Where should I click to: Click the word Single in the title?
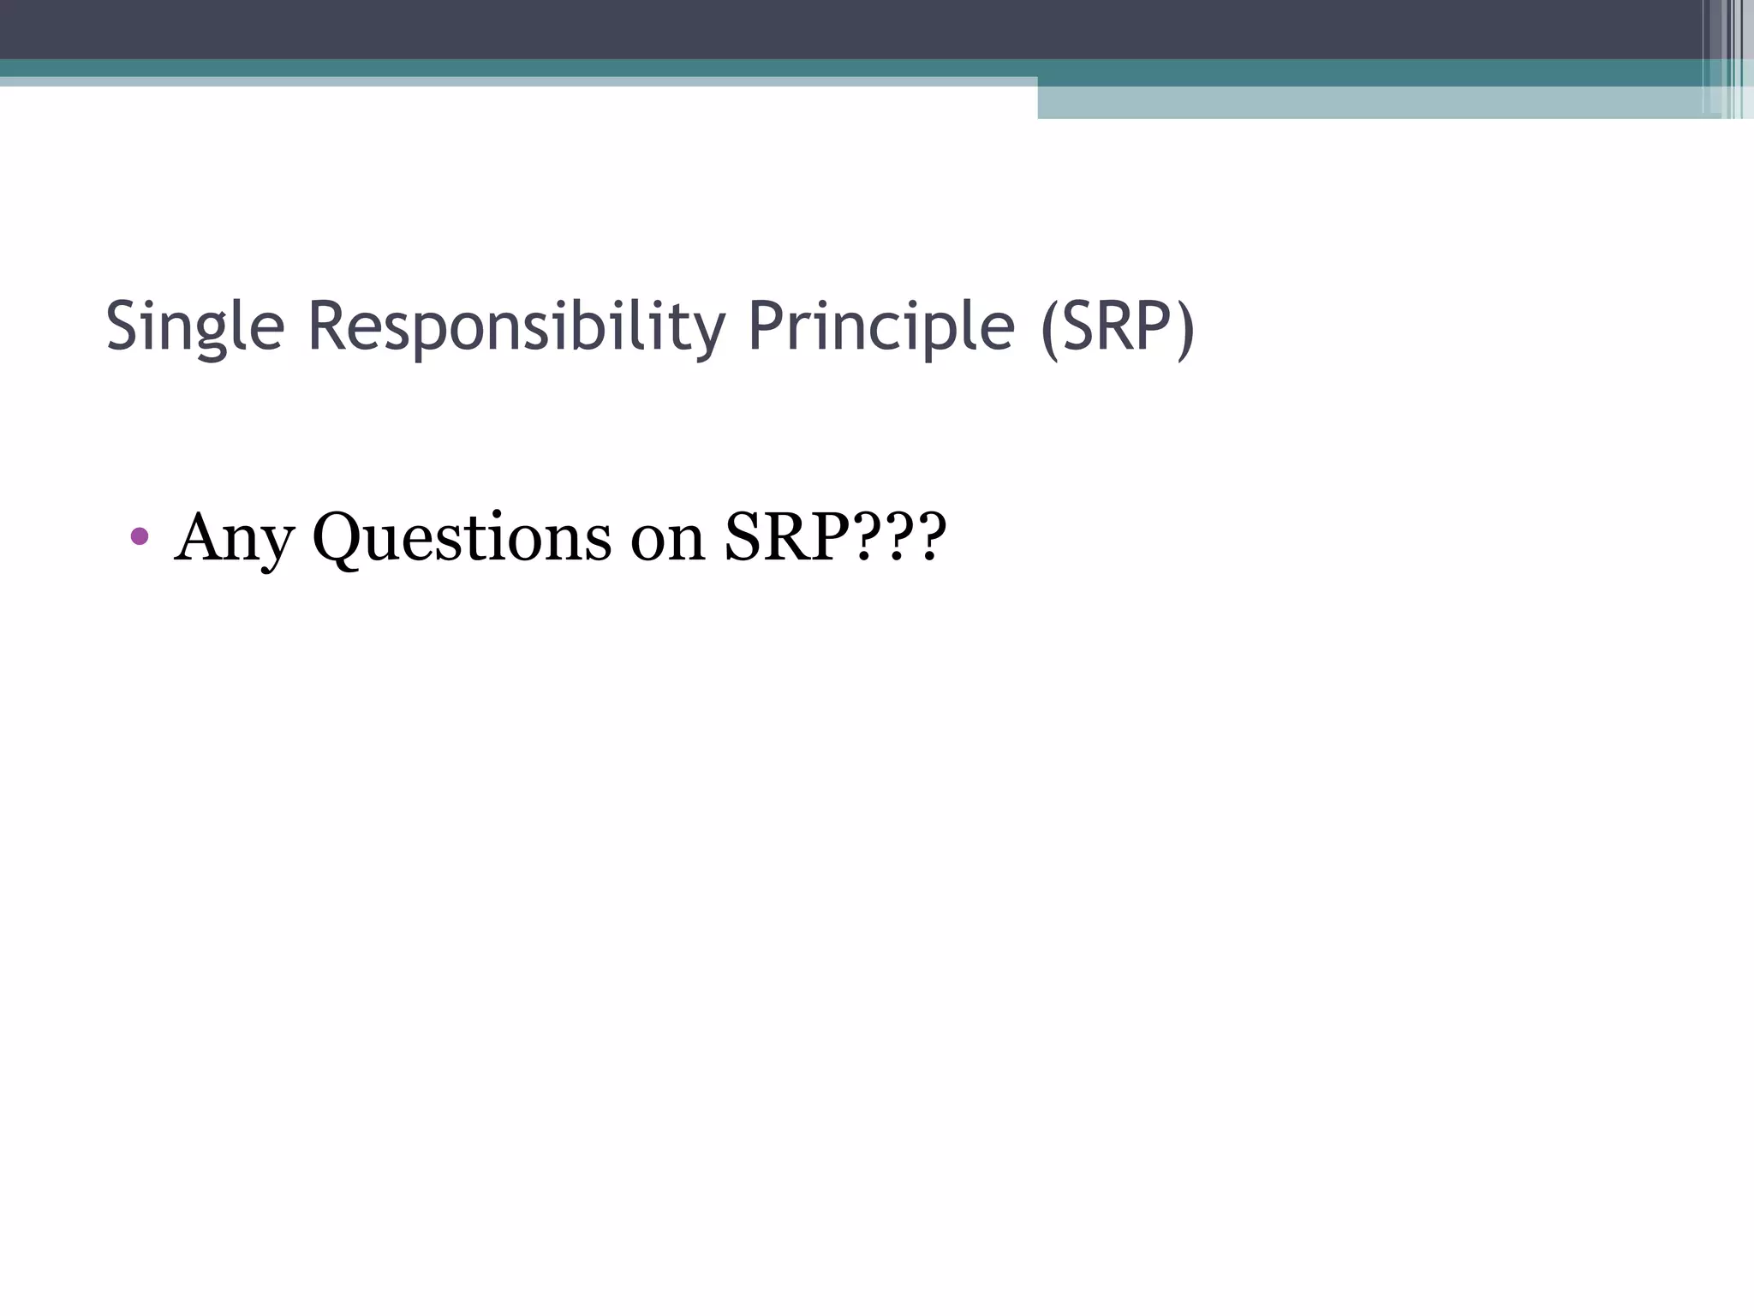[x=194, y=327]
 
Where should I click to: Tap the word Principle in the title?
[x=881, y=327]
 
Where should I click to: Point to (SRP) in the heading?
[x=1117, y=327]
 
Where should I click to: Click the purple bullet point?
[x=140, y=537]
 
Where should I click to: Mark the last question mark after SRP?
[x=931, y=536]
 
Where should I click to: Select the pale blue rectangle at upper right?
[x=1370, y=103]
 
